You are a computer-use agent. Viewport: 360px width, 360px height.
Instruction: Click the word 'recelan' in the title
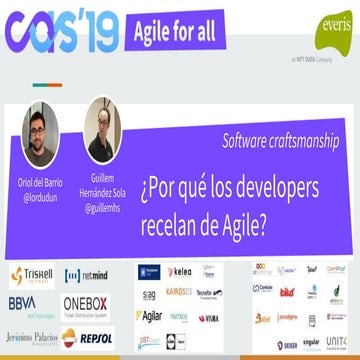pos(180,196)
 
